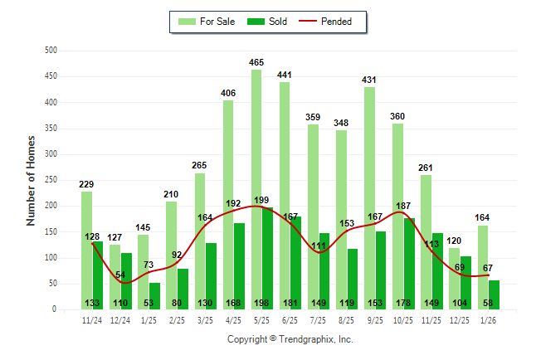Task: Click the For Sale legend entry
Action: [210, 22]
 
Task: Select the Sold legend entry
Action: [268, 22]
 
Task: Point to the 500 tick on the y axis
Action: [51, 51]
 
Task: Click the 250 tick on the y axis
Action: [51, 180]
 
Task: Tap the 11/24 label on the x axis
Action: [93, 319]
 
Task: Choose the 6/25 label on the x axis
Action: [290, 319]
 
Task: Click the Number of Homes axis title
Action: [31, 180]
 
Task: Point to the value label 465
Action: [256, 62]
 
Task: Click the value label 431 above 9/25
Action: [369, 80]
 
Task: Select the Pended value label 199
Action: [262, 200]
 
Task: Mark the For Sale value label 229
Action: [86, 184]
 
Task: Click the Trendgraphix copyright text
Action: [290, 339]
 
